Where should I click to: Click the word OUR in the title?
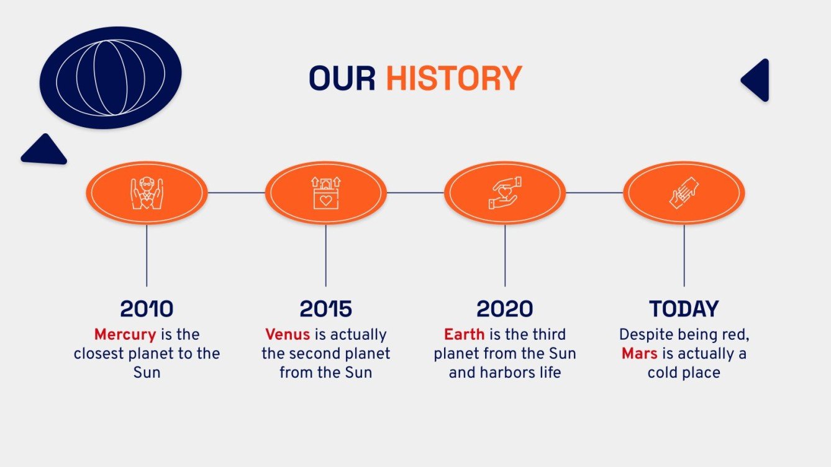click(342, 78)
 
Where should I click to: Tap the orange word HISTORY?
click(454, 78)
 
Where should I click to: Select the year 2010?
click(147, 308)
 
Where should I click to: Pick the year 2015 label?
click(325, 308)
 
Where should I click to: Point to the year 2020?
click(504, 308)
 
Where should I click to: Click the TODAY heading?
click(684, 308)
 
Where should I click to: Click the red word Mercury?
click(125, 335)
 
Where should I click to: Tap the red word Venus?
click(288, 334)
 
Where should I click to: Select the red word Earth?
click(464, 334)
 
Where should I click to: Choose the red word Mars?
click(639, 354)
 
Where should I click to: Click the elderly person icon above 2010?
click(147, 193)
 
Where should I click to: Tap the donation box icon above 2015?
click(325, 193)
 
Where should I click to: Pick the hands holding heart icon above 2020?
click(504, 193)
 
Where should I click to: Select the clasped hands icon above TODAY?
click(684, 193)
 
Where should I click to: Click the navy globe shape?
click(111, 78)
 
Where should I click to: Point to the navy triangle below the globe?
click(43, 150)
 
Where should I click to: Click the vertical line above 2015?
click(325, 256)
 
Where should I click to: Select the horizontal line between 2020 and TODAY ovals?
click(594, 193)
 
